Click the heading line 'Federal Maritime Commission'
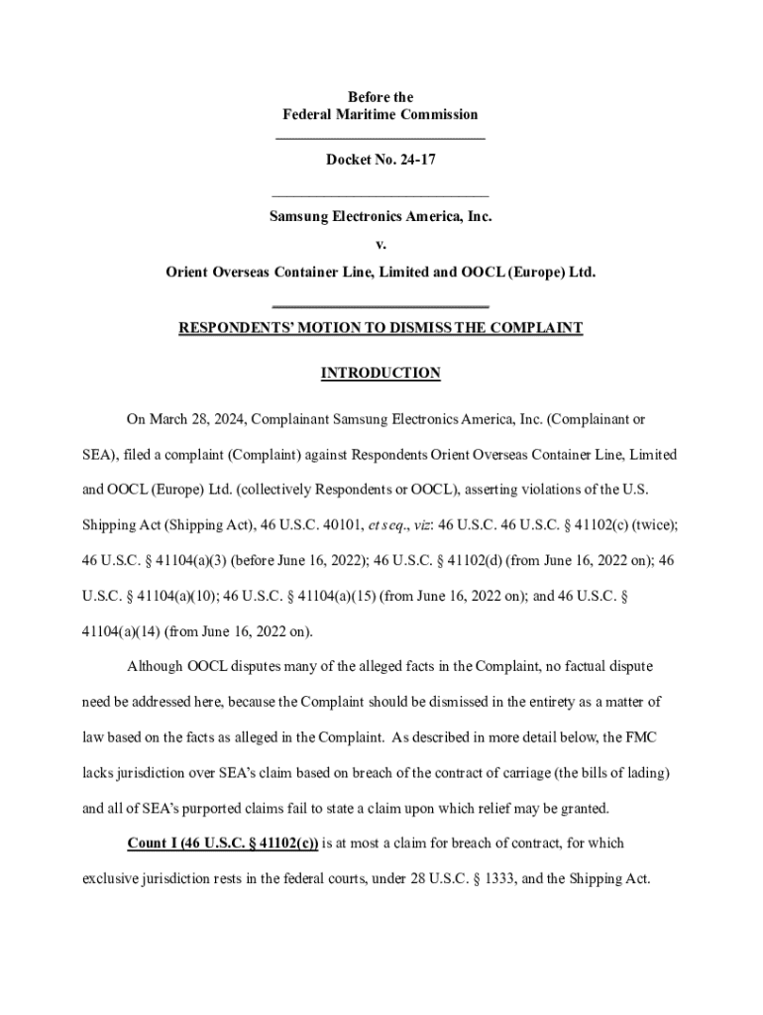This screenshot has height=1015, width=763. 381,115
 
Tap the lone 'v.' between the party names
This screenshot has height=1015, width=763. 381,243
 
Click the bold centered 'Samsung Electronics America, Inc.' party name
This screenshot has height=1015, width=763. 381,215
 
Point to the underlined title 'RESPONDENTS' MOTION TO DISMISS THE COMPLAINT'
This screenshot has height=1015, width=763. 381,328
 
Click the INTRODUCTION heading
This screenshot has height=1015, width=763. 381,374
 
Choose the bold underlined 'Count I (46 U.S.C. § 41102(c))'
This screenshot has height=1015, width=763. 223,844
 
